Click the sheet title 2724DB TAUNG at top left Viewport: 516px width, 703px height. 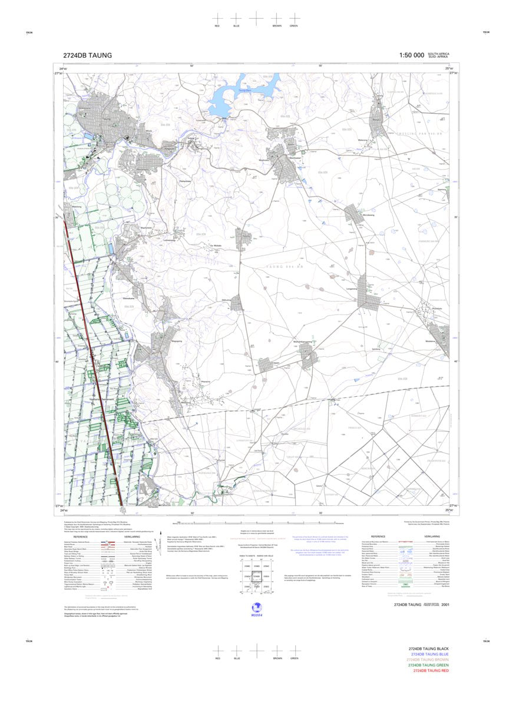[87, 55]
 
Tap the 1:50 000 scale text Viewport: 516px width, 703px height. [411, 55]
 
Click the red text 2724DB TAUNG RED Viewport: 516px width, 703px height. [431, 671]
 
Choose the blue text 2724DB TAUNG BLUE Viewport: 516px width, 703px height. [430, 654]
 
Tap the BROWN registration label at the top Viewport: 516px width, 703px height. [277, 26]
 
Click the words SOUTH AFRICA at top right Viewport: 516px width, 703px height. [439, 54]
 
